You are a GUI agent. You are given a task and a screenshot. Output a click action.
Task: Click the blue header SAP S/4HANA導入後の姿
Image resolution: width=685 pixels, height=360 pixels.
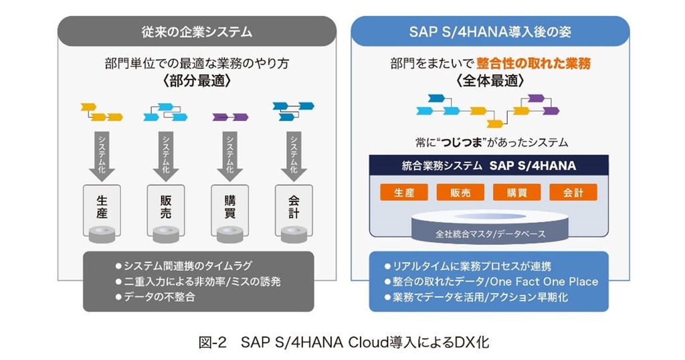click(x=490, y=31)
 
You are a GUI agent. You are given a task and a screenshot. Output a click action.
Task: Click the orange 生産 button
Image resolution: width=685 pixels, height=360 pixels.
click(x=403, y=193)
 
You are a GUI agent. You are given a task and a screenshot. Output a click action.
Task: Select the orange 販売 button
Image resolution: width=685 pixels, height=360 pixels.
click(x=460, y=193)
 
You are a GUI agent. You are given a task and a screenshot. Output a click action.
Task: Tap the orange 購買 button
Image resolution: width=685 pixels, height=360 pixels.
click(x=516, y=193)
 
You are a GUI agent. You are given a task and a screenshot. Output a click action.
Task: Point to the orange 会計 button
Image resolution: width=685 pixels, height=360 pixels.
click(x=573, y=193)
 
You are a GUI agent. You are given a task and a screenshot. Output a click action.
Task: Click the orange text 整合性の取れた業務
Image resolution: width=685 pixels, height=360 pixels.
click(x=534, y=64)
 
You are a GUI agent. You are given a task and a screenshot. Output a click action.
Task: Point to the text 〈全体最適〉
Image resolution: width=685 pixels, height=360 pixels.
click(x=490, y=80)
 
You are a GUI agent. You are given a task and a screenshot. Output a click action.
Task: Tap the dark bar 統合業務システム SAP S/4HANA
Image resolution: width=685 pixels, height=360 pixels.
click(x=490, y=165)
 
